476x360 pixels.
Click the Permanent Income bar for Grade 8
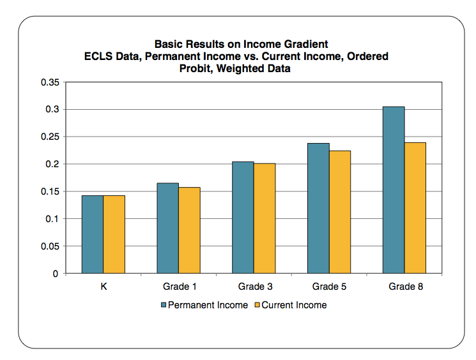point(394,190)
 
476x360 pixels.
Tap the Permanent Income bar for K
point(93,234)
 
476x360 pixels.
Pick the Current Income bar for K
point(114,234)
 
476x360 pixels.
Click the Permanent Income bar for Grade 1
point(167,229)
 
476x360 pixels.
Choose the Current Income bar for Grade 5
point(339,212)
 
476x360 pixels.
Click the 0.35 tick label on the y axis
point(49,82)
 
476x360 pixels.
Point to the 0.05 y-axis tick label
point(49,246)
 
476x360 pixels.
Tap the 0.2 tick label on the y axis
point(51,164)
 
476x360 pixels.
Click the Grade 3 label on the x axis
point(254,287)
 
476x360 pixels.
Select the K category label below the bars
point(104,287)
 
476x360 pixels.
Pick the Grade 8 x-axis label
point(405,287)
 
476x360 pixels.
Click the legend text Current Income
point(294,305)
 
